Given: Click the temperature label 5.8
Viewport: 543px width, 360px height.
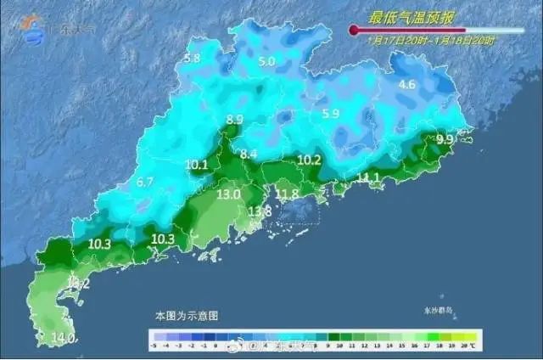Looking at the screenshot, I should coord(192,59).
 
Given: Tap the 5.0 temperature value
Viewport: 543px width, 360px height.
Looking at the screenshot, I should coord(267,61).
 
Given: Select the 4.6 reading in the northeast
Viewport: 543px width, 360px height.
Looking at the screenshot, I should coord(407,84).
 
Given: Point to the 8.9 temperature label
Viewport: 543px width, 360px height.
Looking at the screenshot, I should coord(235,120).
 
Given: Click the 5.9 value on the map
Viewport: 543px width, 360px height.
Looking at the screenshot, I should coord(330,113).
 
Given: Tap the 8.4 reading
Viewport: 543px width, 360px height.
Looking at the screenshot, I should coord(249,154).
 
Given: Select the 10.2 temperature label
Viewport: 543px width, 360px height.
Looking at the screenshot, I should coord(310,160).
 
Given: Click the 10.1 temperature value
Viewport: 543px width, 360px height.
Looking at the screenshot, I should coord(197,164).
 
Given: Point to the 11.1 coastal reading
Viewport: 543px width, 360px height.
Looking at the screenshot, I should coord(368,177).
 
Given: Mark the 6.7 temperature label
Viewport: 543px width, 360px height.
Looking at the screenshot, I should coord(145,182).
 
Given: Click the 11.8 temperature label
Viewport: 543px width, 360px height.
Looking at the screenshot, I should coord(289,194).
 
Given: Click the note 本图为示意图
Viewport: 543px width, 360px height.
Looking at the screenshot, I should coord(187,315).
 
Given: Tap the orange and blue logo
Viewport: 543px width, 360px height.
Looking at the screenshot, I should coord(33,25).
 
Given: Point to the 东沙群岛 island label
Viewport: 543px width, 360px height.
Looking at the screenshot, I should coord(436,311).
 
